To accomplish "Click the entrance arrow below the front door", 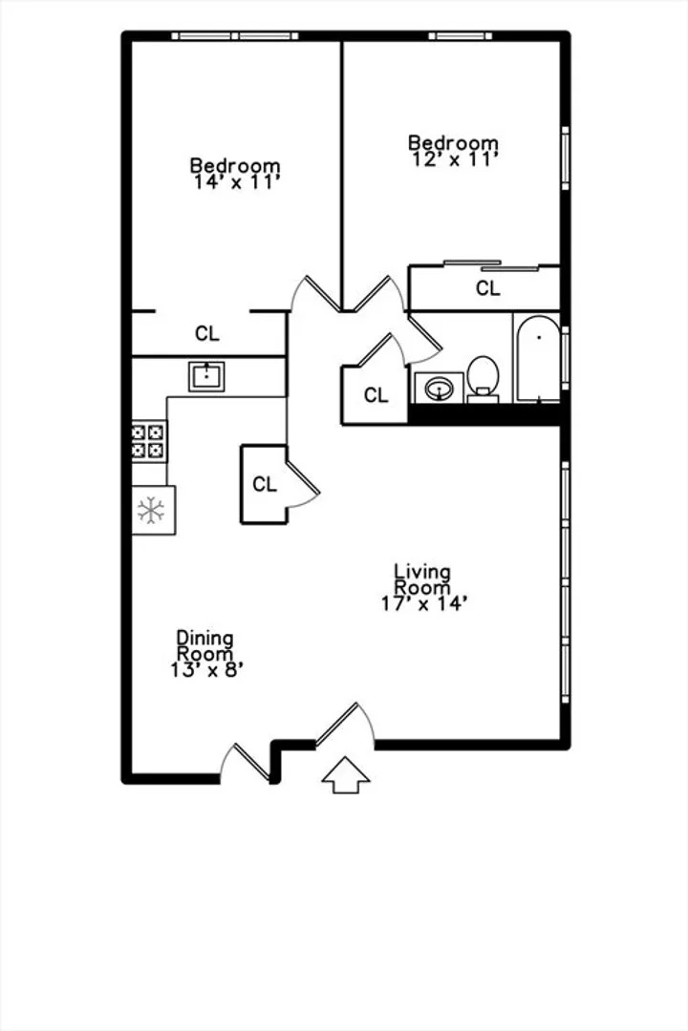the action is [x=346, y=775].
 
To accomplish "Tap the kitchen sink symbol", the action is [x=206, y=377].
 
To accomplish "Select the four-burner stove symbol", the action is [x=149, y=441].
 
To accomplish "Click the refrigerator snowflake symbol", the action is [x=151, y=510].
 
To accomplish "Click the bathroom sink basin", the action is [x=439, y=388].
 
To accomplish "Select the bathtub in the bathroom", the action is [x=539, y=358].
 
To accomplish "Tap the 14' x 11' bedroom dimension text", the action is [x=237, y=182].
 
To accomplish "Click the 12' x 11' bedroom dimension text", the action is [x=454, y=159].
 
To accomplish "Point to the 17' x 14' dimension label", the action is [x=424, y=603].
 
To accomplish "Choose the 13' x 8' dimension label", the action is [x=207, y=669].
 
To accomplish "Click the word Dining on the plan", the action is [x=204, y=638].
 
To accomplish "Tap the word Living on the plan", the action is [x=422, y=572].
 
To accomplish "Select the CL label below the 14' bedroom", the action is [x=206, y=334].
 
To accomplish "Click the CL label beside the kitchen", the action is [x=265, y=485].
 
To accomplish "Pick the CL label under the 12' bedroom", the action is [x=488, y=288].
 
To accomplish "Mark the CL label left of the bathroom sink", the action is [x=376, y=395].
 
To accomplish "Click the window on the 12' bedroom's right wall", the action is [x=565, y=158].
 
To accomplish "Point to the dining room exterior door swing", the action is [x=245, y=763].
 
